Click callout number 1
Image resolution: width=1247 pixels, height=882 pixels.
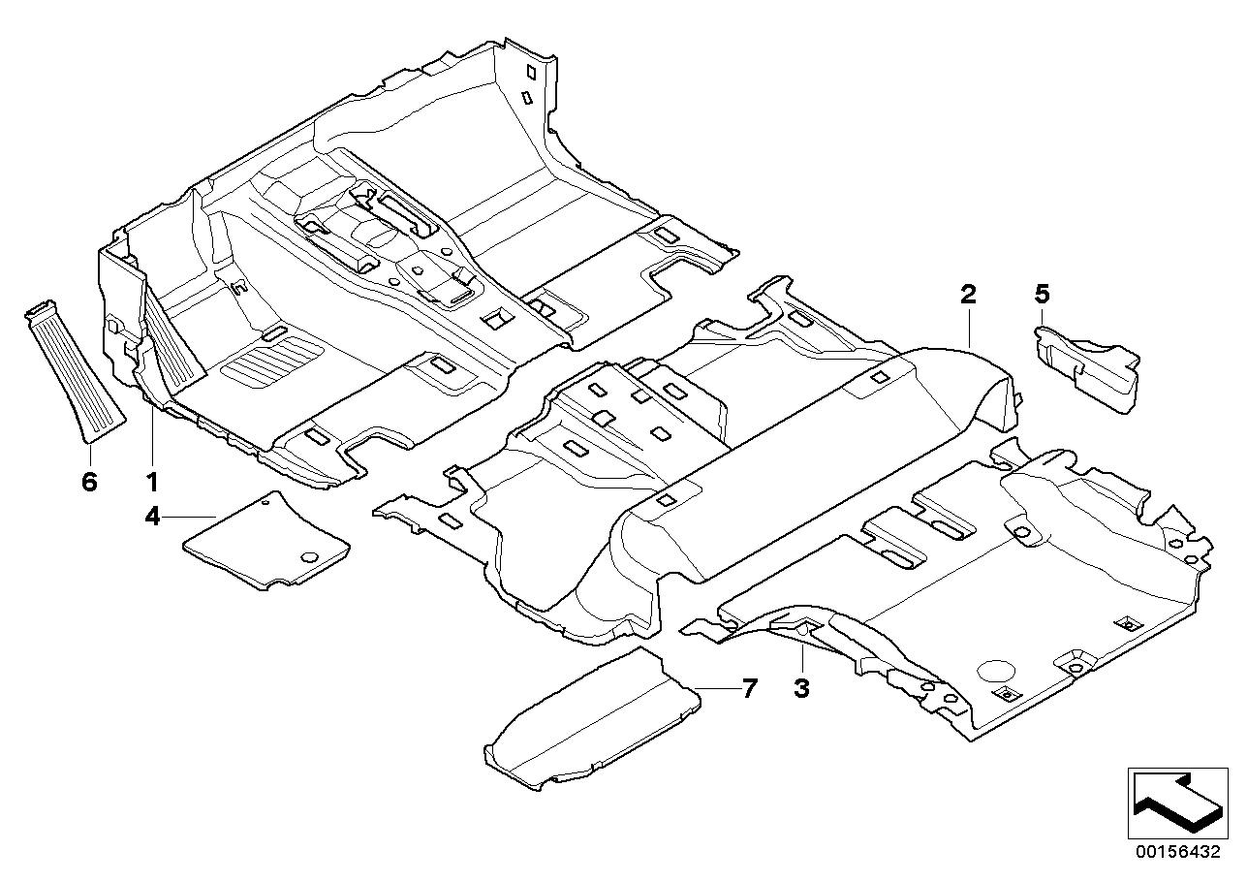click(x=151, y=480)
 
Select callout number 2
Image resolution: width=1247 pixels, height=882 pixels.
click(x=968, y=294)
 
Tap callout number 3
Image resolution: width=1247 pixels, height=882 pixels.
click(x=801, y=689)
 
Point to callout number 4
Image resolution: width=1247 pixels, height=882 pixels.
click(x=152, y=517)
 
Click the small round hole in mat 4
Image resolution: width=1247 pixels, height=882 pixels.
click(x=310, y=557)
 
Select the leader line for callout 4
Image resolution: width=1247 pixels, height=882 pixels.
click(x=190, y=517)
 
